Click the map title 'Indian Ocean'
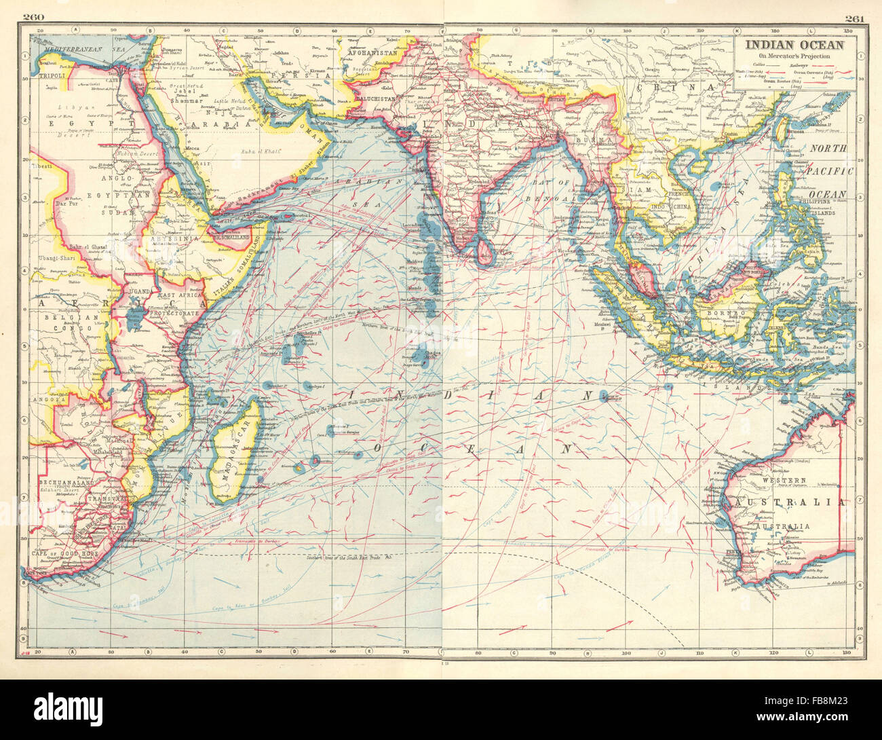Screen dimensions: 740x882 pos(795,45)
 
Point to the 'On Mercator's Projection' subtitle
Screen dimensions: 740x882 pos(795,56)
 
